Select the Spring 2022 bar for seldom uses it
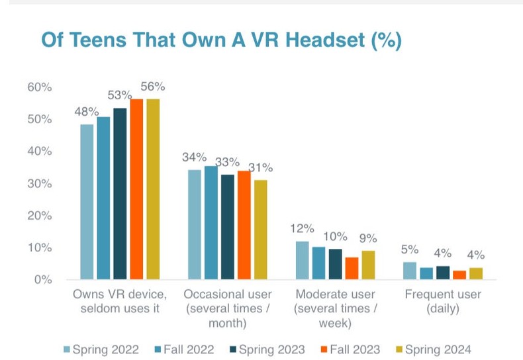[x=87, y=201]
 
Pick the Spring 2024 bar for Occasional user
[x=261, y=229]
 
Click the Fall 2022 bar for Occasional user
[x=211, y=222]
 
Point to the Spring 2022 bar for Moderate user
[x=302, y=260]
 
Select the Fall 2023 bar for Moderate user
[x=352, y=268]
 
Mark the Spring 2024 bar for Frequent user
[x=475, y=273]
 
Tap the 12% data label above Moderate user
[x=301, y=228]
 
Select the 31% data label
[x=260, y=167]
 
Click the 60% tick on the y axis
[x=40, y=87]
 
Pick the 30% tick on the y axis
[x=40, y=183]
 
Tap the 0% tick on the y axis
[x=42, y=280]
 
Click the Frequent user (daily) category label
[x=442, y=300]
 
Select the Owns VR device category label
[x=118, y=300]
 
